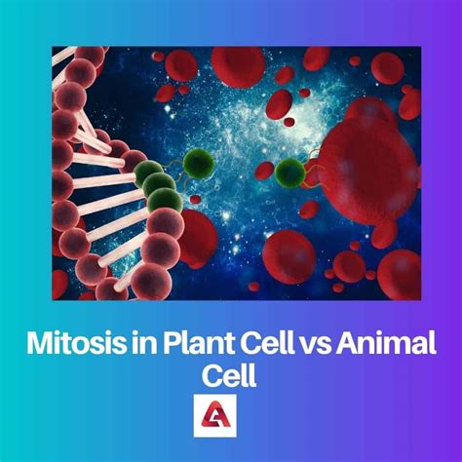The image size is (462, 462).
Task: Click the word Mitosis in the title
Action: tap(75, 343)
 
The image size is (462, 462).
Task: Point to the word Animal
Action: tap(386, 343)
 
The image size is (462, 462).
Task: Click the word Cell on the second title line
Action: tap(229, 375)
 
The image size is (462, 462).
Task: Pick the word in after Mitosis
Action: tap(143, 343)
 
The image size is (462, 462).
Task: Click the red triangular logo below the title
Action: tap(215, 415)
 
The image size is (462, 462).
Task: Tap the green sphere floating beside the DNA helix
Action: tap(199, 163)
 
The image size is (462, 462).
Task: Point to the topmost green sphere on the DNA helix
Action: tap(148, 173)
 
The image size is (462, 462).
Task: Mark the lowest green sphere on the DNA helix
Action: tap(165, 201)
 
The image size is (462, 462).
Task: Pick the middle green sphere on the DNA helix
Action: tap(159, 185)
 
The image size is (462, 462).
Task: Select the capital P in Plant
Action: tap(172, 343)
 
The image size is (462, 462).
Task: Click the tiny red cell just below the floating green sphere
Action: tap(195, 199)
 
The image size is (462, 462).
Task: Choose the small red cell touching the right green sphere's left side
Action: tap(265, 171)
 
